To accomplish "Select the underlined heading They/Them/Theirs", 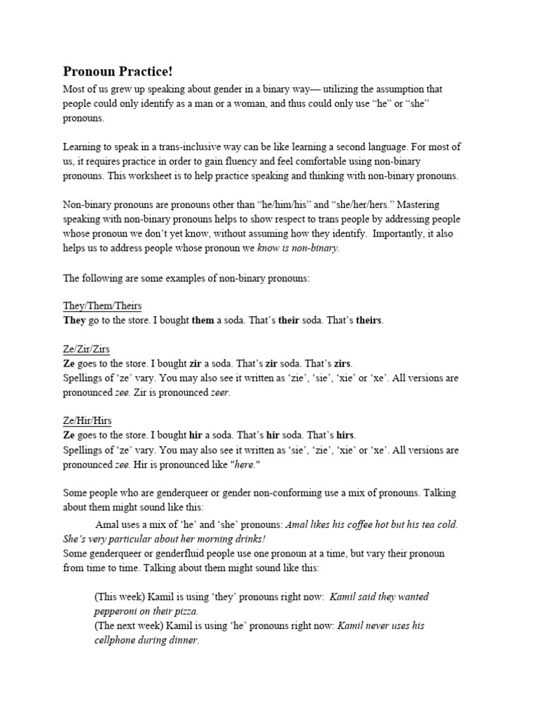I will point(103,306).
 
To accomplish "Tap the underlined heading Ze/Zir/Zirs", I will point(87,349).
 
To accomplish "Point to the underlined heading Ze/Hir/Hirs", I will point(87,421).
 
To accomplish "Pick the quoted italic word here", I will point(248,465).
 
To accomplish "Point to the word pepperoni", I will point(117,611).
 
